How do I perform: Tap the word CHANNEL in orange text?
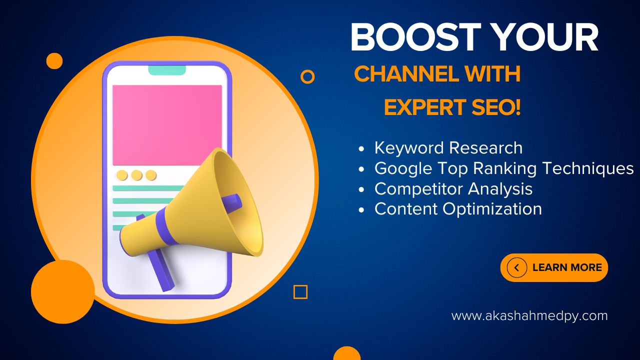406,74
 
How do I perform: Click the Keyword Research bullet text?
448,148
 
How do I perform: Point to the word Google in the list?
403,168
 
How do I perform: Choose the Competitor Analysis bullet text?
453,189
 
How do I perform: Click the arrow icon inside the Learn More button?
516,267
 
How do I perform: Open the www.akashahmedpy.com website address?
529,316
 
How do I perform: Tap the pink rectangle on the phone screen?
167,125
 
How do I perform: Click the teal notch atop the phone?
167,70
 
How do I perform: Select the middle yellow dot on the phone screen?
136,175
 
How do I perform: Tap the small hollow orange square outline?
300,292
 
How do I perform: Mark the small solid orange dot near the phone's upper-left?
54,61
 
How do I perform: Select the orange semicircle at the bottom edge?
347,353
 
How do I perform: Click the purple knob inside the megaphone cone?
231,203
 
